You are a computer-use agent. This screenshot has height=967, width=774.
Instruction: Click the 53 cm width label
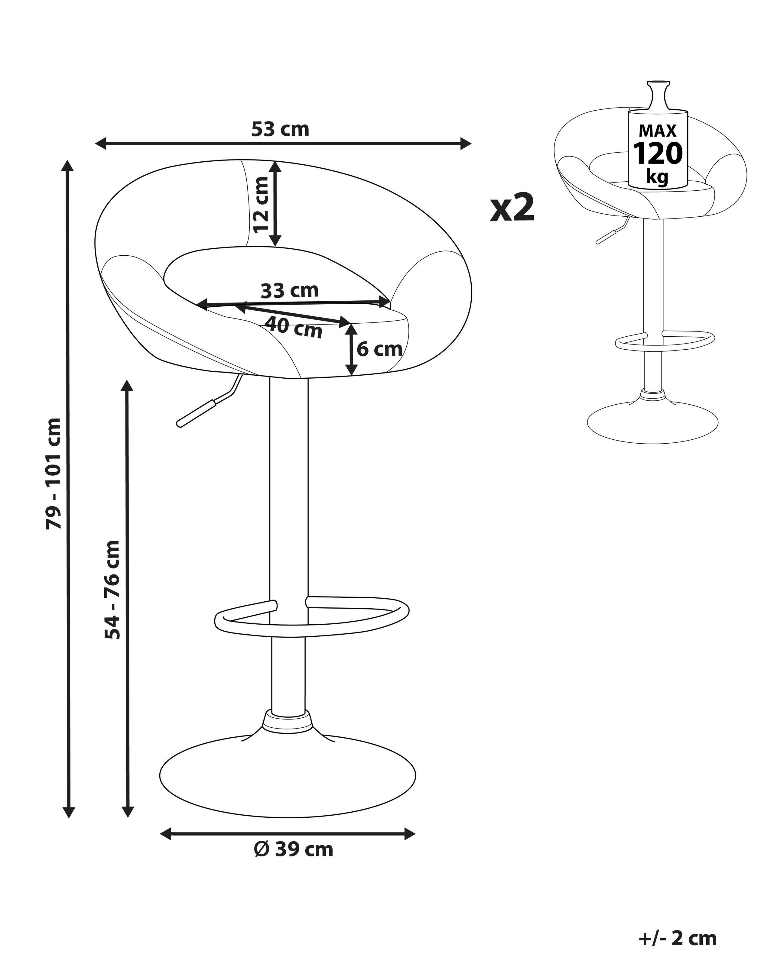point(280,129)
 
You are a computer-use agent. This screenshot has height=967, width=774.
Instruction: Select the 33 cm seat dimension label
point(290,291)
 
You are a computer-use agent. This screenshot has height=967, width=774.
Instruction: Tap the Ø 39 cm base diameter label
point(294,849)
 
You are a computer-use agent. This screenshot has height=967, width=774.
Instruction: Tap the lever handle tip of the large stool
point(181,422)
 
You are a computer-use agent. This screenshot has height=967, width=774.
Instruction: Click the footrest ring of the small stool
point(665,341)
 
